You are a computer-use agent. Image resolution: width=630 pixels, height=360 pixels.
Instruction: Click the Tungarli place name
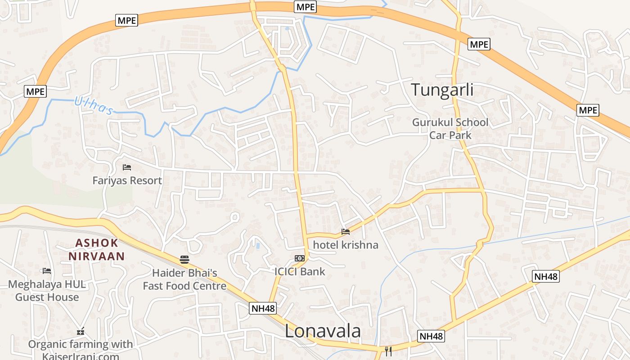[x=442, y=90]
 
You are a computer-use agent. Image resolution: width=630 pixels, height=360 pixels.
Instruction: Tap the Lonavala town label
[x=323, y=331]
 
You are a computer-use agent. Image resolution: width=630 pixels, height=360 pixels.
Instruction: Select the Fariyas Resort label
[x=127, y=180]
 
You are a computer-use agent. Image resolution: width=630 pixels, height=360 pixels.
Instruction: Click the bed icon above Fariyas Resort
[x=127, y=167]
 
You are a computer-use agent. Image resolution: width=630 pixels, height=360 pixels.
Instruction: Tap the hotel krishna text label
[x=346, y=245]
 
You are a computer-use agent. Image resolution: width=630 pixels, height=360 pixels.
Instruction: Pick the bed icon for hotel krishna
[x=346, y=232]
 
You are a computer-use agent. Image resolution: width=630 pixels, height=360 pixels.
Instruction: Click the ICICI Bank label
[x=300, y=271]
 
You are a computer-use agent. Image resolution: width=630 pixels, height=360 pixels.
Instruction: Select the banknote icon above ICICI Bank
[x=300, y=258]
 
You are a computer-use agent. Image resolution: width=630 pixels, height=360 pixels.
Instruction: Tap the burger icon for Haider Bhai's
[x=184, y=259]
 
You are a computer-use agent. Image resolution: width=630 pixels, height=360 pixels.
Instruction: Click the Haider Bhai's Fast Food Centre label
[x=184, y=279]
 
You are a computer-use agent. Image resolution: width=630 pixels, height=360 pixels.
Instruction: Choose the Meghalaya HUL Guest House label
[x=47, y=291]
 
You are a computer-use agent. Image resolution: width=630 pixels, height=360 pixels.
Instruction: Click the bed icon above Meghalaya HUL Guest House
[x=47, y=271]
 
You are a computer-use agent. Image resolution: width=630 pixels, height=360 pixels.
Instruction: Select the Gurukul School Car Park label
[x=450, y=129]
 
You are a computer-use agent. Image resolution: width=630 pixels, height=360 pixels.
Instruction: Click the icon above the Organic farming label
[x=81, y=332]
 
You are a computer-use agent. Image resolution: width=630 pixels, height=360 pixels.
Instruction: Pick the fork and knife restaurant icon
[x=388, y=351]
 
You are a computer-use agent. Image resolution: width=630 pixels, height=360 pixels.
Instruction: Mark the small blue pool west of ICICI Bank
[x=257, y=246]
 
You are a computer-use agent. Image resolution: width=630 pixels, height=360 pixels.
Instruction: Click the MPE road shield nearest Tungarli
[x=479, y=44]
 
